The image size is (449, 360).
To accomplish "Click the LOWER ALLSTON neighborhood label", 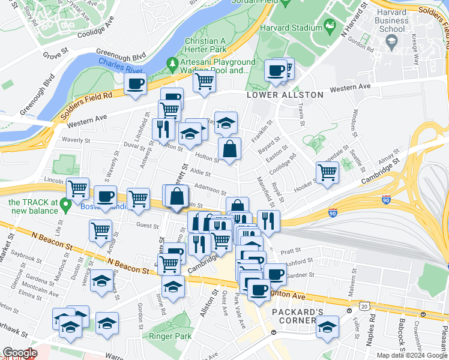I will coord(285,95).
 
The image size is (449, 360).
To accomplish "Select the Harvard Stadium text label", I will coord(292,28).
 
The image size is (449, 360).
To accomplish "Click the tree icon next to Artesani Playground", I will coord(173,62).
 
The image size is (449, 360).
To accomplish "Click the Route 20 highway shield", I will coord(364,307).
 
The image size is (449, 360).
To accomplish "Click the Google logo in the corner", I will coord(20,353).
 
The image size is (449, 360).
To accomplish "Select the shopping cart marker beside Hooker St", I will coord(327,173).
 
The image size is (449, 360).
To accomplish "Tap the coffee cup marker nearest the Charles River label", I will coord(136,84).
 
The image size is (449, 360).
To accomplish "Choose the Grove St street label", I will coord(52,55).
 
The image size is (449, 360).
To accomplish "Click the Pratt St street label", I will coord(289,251).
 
